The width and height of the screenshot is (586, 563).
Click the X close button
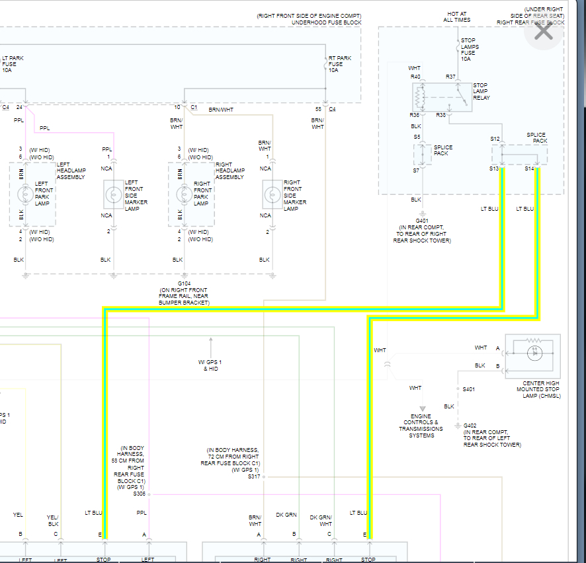(x=543, y=31)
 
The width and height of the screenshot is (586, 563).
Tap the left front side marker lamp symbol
(x=113, y=195)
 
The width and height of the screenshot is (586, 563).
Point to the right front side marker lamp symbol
(x=271, y=195)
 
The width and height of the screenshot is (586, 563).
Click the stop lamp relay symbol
(x=442, y=98)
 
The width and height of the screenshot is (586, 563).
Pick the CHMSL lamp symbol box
(x=532, y=355)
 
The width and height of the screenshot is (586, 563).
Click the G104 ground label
(x=183, y=283)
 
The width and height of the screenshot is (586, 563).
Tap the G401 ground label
(x=421, y=221)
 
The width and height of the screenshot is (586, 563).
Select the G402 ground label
(x=470, y=426)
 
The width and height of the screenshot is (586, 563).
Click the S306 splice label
(x=139, y=494)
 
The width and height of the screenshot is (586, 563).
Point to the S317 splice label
(x=254, y=476)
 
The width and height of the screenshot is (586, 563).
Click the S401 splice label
(x=469, y=389)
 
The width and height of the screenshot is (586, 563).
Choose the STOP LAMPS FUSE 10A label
(x=468, y=50)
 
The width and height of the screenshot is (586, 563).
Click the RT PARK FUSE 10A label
(x=340, y=64)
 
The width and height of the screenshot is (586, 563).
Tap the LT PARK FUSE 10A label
(x=13, y=64)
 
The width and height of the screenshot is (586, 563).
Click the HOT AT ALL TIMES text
(x=457, y=17)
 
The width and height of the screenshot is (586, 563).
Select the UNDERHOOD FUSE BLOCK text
(x=326, y=22)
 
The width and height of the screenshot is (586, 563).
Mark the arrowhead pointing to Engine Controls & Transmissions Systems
(x=422, y=408)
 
